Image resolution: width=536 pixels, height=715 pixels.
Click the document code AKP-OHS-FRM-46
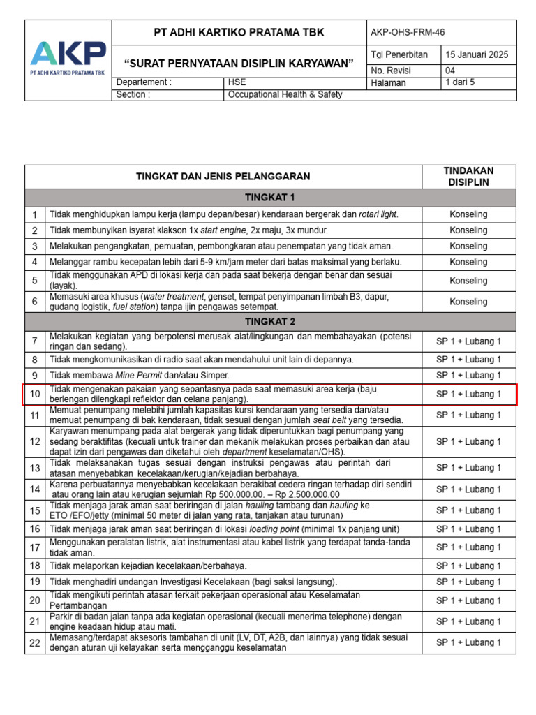coord(408,32)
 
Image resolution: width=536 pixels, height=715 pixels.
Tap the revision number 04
coord(451,71)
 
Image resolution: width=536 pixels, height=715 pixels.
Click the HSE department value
coord(237,82)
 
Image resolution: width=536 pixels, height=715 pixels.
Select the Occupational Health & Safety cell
coord(285,94)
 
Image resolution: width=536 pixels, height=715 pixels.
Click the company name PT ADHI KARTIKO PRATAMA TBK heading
coord(239,33)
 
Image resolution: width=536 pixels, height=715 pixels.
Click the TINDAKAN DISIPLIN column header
coord(468,177)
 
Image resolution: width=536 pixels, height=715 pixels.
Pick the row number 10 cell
coord(35,395)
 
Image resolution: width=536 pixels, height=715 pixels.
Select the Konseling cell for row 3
coord(468,246)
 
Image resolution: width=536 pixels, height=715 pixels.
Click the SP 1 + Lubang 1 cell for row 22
coord(468,642)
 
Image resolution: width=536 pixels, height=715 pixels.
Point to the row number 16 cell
coord(35,529)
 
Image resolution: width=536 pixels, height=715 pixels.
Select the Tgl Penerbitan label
coord(399,55)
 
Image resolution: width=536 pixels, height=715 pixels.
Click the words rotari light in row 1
coord(378,214)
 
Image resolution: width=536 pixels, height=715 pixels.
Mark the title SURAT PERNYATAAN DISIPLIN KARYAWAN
coord(239,64)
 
